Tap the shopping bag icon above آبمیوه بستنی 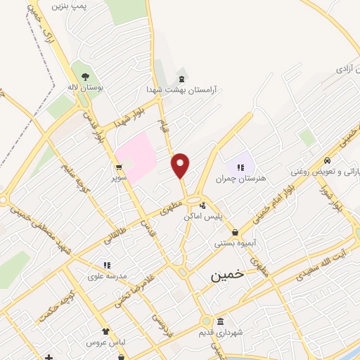tap(235, 232)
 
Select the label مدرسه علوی tap(108, 276)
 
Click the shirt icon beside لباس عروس tap(105, 330)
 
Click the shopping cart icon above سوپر tap(119, 167)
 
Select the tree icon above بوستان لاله tap(84, 76)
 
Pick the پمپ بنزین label tap(89, 4)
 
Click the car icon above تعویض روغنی tap(328, 160)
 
